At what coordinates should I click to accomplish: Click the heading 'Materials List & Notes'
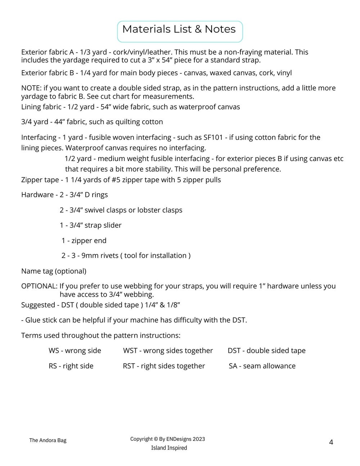click(x=179, y=30)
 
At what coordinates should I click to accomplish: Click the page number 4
click(x=331, y=442)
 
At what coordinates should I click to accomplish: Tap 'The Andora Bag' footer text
click(x=48, y=440)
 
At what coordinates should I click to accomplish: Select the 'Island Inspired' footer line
click(x=169, y=448)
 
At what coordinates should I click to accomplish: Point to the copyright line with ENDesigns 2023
click(x=168, y=439)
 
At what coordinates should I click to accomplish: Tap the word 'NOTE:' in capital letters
click(x=31, y=88)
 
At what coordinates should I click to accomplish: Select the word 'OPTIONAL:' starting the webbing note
click(x=39, y=286)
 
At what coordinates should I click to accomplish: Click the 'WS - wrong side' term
click(x=75, y=350)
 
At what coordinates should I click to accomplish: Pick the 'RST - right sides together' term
click(x=164, y=366)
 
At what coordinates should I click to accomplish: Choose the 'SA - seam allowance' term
click(x=262, y=366)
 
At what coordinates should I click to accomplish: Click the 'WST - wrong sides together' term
click(x=168, y=350)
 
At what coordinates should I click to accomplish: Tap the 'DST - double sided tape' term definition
click(x=266, y=350)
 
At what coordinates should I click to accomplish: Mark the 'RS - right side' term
click(x=71, y=366)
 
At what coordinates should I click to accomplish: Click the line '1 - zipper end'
click(x=84, y=241)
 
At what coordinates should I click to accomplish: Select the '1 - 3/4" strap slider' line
click(x=91, y=225)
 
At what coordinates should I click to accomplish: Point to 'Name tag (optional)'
click(x=54, y=271)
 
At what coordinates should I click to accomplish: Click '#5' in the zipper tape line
click(x=116, y=180)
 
